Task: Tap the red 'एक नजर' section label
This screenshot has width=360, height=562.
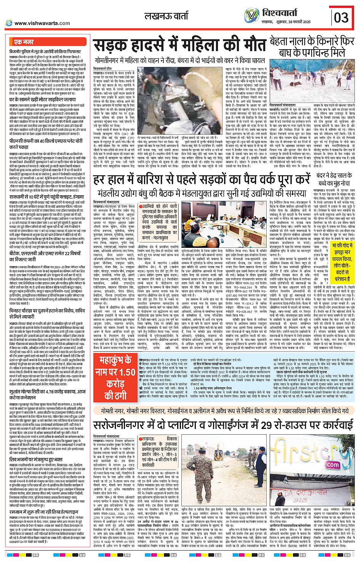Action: (x=24, y=42)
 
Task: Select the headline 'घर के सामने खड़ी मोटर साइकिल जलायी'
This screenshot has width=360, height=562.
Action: (x=42, y=100)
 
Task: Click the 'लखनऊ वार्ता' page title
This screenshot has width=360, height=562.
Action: (x=166, y=16)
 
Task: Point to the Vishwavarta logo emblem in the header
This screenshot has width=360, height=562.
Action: (x=252, y=16)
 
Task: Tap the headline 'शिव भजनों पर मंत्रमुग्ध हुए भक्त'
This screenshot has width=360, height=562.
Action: (x=36, y=459)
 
